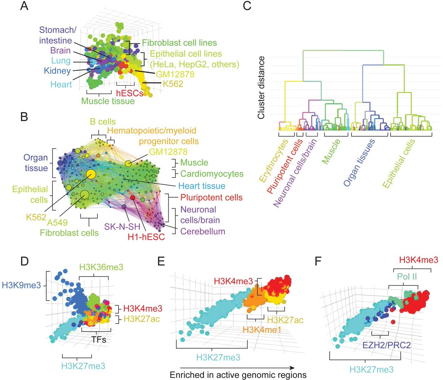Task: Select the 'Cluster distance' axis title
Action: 261,88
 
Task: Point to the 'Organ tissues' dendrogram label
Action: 359,162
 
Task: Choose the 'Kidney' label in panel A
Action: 57,71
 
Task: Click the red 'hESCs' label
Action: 130,93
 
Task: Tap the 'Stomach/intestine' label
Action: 57,35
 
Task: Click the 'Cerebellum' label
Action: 203,232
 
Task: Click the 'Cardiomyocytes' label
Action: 212,174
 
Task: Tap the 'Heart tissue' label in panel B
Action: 202,186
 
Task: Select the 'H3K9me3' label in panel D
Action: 21,285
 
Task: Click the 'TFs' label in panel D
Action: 98,339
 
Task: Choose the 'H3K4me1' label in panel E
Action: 262,330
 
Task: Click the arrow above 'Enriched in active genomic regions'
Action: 237,367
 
